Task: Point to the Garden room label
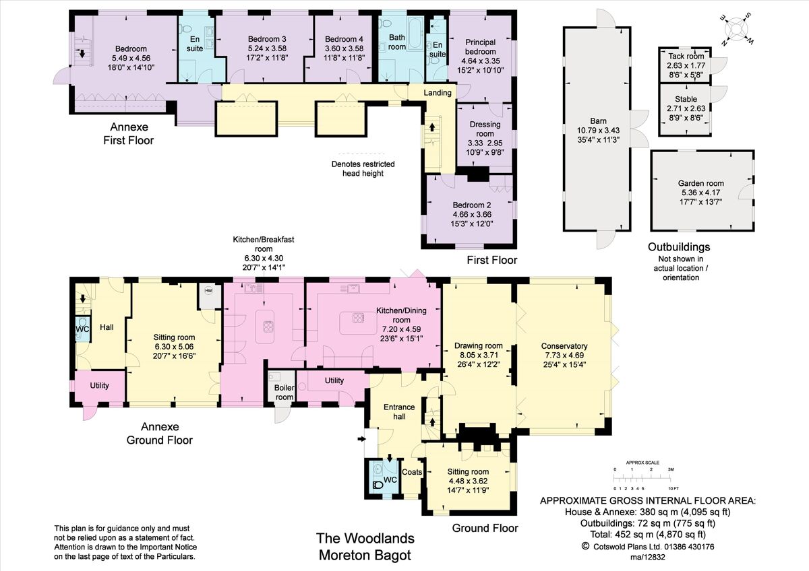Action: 700,182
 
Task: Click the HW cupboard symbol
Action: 208,291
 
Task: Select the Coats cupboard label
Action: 411,472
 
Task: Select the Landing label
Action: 437,92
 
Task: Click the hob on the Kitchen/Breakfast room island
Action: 268,326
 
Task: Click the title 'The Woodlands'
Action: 365,539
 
